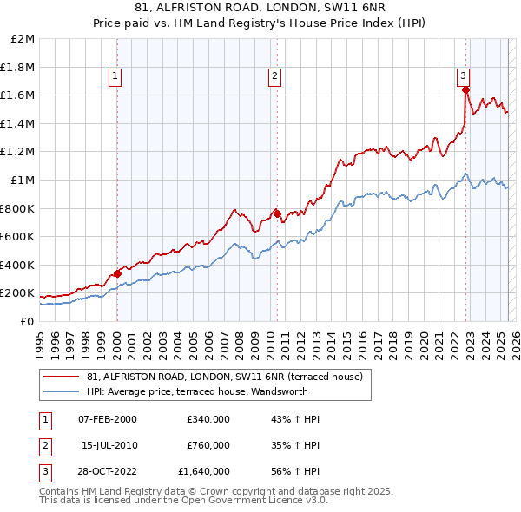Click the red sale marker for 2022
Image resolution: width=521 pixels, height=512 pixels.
point(466,89)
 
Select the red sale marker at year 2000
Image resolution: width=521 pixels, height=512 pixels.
point(117,273)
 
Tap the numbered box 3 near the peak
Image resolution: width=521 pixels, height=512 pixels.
point(464,75)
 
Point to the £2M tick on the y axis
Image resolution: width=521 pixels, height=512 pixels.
point(23,39)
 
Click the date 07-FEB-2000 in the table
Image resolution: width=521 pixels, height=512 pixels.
point(108,419)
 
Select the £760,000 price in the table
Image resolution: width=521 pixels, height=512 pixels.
point(208,445)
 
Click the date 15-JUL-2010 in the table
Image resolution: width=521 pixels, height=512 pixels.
point(109,445)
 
